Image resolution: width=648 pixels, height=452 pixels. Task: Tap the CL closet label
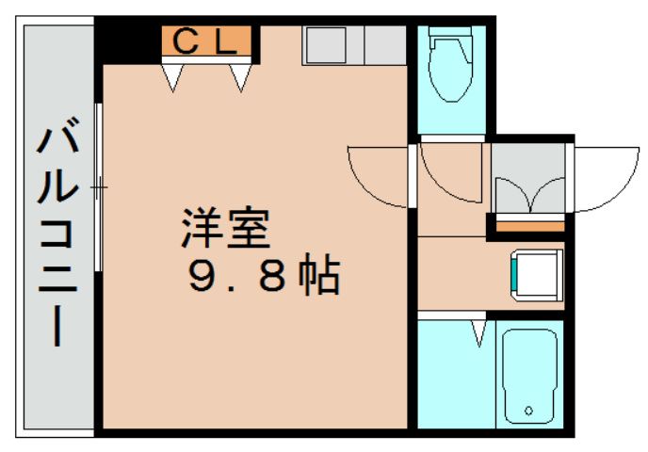[205, 40]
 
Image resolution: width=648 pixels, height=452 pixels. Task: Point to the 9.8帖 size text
[263, 275]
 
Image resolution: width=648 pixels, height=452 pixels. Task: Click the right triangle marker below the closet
[240, 79]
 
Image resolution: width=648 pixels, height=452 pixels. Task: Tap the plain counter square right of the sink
[384, 44]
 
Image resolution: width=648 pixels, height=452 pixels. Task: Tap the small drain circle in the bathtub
[527, 411]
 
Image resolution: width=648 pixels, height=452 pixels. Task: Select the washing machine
[534, 273]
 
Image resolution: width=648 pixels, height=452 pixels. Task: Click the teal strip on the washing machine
[514, 273]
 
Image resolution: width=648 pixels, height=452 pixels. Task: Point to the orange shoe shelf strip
[529, 226]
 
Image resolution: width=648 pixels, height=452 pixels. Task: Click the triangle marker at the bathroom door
[479, 332]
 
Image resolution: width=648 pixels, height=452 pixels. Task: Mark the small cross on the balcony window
[98, 187]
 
